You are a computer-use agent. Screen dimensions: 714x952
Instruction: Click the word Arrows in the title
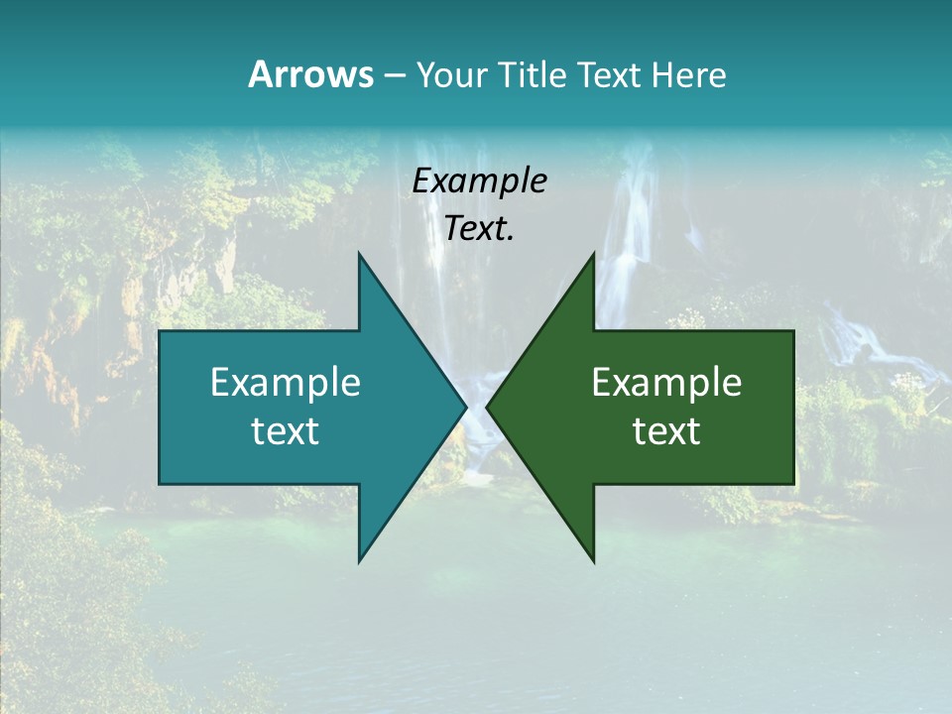coord(310,74)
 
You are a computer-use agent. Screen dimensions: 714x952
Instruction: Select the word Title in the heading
coord(534,74)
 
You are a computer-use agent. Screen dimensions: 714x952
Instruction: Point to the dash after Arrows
coord(394,75)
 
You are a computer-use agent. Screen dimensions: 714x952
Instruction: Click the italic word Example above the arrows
coord(480,181)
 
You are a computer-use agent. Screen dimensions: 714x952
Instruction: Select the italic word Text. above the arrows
coord(479,229)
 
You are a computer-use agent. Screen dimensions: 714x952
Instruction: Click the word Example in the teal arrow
coord(286,382)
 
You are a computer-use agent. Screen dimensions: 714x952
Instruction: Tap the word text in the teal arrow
coord(286,430)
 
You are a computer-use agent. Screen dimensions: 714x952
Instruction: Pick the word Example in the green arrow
coord(666,382)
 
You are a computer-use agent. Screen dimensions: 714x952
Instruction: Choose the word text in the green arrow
coord(666,430)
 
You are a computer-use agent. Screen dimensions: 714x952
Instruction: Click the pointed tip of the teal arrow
coord(466,407)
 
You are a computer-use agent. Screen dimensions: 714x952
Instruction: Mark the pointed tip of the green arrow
coord(487,407)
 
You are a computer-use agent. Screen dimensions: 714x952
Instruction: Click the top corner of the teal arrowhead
coord(359,253)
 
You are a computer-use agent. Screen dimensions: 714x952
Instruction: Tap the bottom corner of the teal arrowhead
coord(359,562)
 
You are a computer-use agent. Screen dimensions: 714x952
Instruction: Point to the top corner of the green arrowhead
coord(594,253)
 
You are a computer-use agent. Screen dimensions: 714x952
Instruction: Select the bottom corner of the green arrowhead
coord(594,562)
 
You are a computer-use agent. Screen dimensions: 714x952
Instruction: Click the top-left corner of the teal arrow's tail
coord(160,331)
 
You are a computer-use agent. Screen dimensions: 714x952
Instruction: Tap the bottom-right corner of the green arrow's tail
coord(793,484)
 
